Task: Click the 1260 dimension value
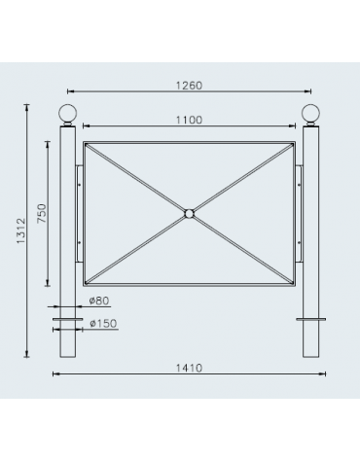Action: pyautogui.click(x=190, y=86)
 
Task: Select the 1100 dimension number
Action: pyautogui.click(x=190, y=120)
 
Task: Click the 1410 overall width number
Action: pyautogui.click(x=190, y=367)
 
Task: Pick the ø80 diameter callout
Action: pyautogui.click(x=97, y=301)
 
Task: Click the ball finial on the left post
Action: pyautogui.click(x=68, y=113)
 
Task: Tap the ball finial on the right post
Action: pyautogui.click(x=311, y=113)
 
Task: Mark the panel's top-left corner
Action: pyautogui.click(x=85, y=143)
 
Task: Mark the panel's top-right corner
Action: pyautogui.click(x=295, y=143)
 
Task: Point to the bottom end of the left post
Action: pyautogui.click(x=68, y=358)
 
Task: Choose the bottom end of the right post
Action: pyautogui.click(x=311, y=358)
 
